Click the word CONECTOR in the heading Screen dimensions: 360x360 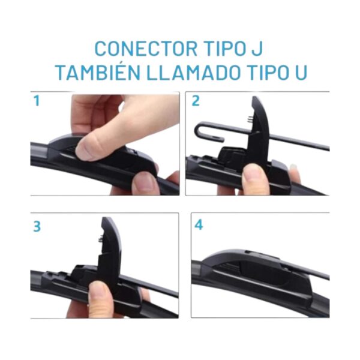click(146, 49)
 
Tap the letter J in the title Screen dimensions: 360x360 click(257, 49)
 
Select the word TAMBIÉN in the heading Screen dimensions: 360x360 click(99, 73)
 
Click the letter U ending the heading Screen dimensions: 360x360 click(301, 73)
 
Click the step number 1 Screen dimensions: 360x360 click(37, 101)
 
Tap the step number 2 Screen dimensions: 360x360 click(196, 101)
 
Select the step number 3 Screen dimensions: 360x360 click(37, 227)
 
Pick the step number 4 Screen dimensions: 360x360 click(199, 225)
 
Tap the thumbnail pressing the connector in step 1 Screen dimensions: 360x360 click(85, 149)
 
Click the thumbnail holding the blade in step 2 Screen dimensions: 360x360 click(252, 175)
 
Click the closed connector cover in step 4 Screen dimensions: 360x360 click(257, 273)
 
